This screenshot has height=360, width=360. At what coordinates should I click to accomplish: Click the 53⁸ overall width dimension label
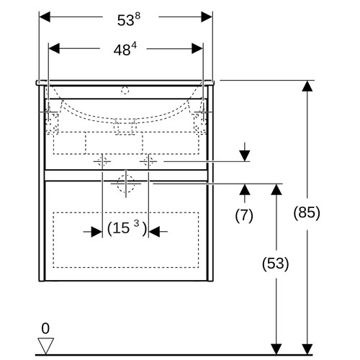pos(129,19)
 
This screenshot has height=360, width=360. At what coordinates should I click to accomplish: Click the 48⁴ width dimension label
pos(125,50)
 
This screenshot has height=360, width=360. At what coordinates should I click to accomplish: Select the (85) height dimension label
pos(307,212)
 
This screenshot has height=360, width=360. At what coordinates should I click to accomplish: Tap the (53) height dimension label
pos(276,264)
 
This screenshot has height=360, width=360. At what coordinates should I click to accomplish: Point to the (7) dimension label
pos(244,215)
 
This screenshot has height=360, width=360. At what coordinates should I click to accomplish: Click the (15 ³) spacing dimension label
pos(127,228)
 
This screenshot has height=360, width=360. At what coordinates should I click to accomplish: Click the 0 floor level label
pos(45,328)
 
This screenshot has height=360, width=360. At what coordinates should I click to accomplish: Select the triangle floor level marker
pos(45,346)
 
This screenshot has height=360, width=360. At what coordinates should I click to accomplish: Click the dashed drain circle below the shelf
pos(126,184)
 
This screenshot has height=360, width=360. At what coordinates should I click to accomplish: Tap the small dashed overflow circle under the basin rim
pos(125,91)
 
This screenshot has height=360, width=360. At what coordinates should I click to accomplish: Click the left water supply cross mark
pos(102,161)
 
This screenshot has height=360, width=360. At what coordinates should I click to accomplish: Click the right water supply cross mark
pos(148,161)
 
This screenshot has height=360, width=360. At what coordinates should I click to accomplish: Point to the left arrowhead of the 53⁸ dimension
pos(45,17)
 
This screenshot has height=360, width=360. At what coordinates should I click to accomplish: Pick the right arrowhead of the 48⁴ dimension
pos(197,49)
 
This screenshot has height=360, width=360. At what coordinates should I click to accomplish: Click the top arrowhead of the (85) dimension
pos(307,86)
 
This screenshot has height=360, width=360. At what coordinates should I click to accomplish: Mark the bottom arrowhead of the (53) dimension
pos(276,349)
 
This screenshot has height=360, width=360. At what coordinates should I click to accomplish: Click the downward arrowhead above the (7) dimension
pos(245,156)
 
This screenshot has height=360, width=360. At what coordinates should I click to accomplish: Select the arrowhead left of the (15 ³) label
pos(97,232)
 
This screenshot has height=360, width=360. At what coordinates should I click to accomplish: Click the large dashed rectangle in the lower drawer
pos(126,240)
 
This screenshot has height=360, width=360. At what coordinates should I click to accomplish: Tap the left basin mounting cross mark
pos(49,112)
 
